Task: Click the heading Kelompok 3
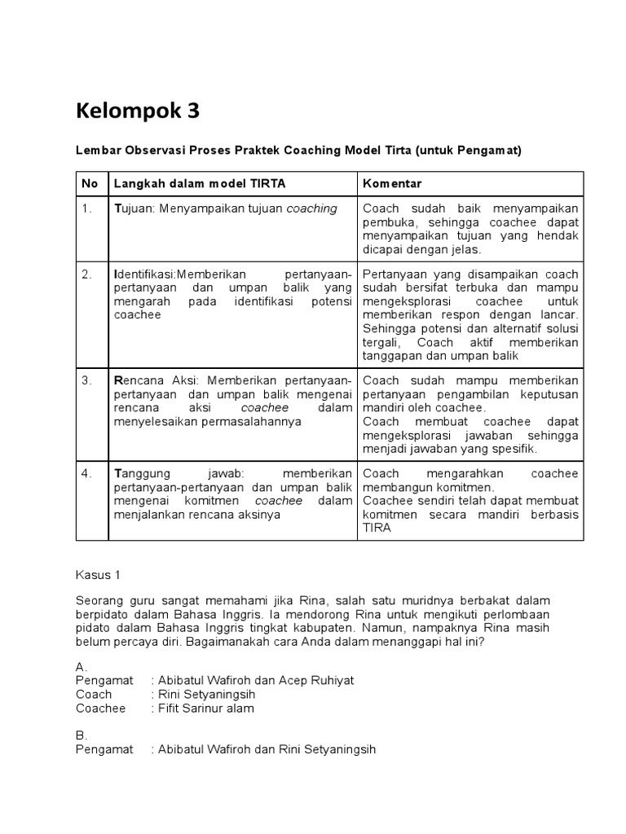coord(137,111)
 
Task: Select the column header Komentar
coord(391,183)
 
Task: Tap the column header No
coord(90,183)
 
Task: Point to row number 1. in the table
coord(87,208)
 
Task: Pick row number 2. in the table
coord(87,274)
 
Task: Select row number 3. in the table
coord(87,380)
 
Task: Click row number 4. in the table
coord(87,474)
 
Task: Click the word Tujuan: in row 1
coord(135,208)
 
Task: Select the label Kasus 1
coord(98,575)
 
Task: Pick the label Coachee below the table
coord(101,709)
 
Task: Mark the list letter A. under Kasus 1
coord(81,666)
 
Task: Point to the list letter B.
coord(81,735)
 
